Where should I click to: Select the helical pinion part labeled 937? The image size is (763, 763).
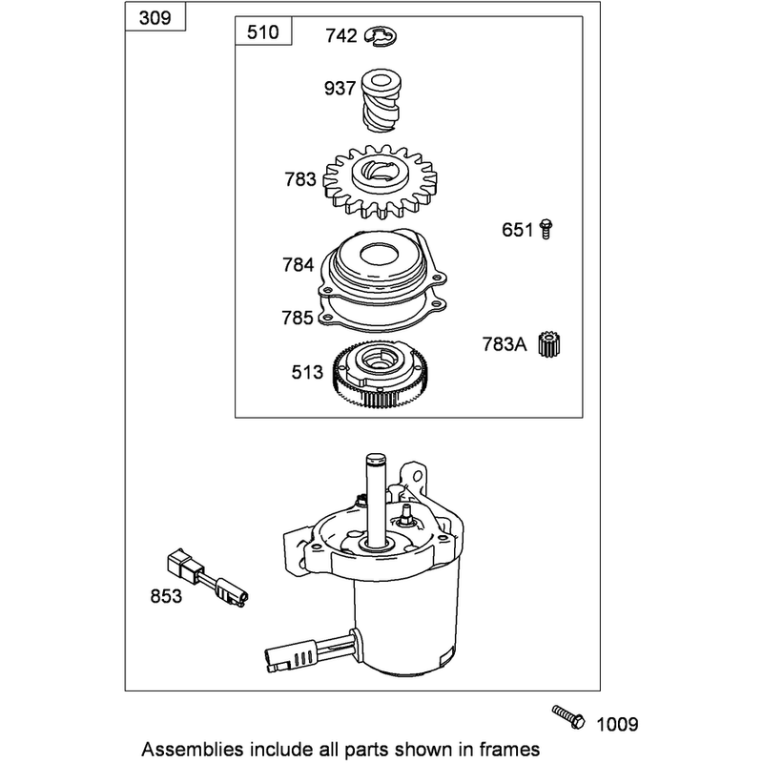tap(381, 100)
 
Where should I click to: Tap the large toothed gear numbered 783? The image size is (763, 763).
tap(380, 181)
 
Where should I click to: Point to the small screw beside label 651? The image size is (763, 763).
tap(546, 229)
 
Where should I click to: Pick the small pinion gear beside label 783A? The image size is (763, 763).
tap(550, 344)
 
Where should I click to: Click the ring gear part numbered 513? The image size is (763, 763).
tap(382, 374)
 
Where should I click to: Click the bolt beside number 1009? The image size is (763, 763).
tap(568, 716)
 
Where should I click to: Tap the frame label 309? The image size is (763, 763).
tap(155, 18)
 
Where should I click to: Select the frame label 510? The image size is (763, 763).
tap(263, 32)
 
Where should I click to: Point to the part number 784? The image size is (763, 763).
tap(299, 265)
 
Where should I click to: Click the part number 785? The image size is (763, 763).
tap(298, 318)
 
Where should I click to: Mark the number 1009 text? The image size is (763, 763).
tap(617, 725)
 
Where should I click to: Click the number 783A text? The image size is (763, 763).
tap(505, 344)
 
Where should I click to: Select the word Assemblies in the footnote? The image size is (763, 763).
tap(193, 749)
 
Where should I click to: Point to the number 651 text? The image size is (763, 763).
tap(518, 229)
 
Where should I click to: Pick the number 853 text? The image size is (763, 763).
tap(166, 596)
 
